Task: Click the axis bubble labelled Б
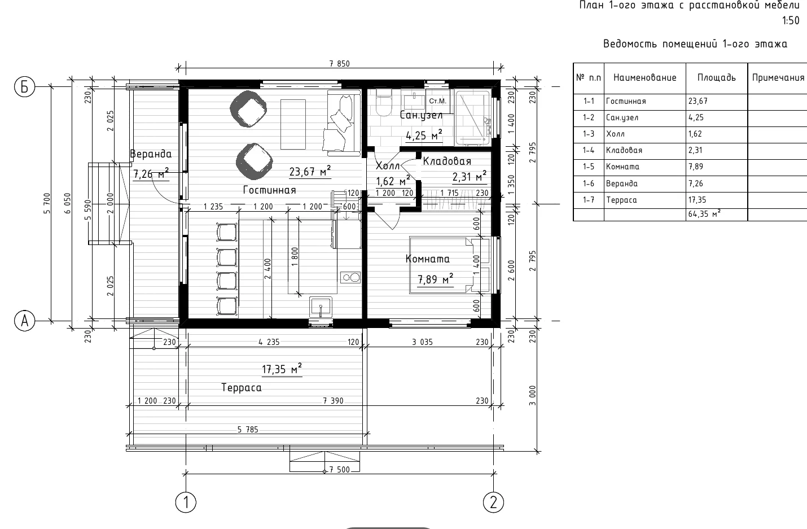point(24,87)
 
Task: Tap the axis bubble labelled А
point(24,320)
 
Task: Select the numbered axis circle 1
point(186,502)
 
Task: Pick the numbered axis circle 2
point(493,502)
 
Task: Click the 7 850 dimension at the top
point(339,64)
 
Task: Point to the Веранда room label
point(151,154)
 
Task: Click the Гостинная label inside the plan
point(270,190)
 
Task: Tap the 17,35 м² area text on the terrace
point(282,369)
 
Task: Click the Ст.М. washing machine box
point(438,101)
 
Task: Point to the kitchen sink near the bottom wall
point(321,307)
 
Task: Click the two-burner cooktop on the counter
point(350,277)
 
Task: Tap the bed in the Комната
point(449,265)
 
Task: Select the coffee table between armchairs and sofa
point(293,124)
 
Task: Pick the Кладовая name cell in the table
point(645,151)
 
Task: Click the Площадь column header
point(717,78)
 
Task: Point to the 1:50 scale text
point(791,20)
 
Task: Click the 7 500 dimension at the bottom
point(339,470)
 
